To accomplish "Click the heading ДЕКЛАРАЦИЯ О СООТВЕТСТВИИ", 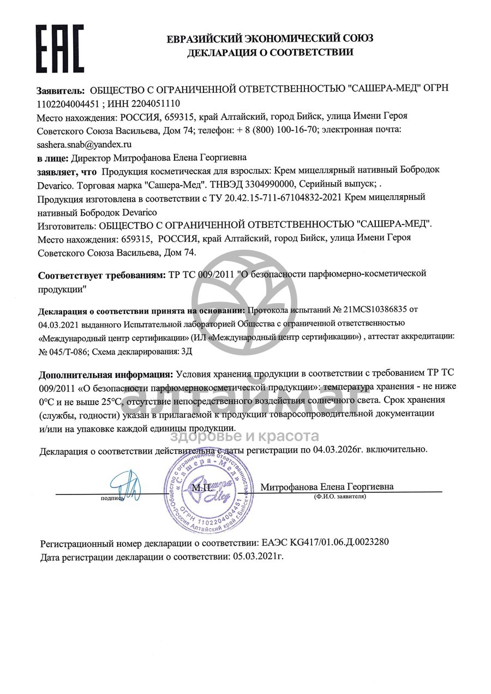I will tap(270, 53).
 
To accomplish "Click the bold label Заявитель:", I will tap(61, 89).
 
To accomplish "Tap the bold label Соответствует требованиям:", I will tap(101, 275).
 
